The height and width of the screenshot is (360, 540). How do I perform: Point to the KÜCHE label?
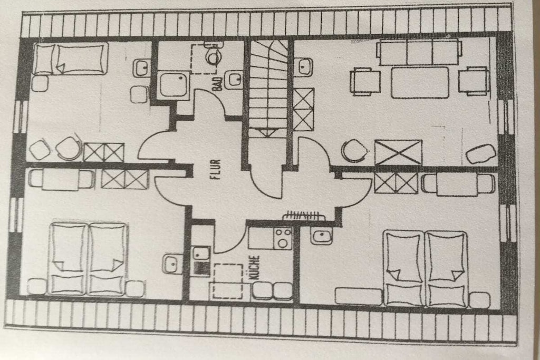(x=255, y=267)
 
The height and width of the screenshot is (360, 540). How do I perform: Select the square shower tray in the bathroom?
(x=174, y=85)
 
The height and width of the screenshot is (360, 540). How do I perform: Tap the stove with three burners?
(x=283, y=238)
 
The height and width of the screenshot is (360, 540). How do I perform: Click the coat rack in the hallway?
(x=303, y=216)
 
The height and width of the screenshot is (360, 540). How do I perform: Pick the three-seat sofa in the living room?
(x=419, y=52)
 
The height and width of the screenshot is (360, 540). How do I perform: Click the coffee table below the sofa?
(x=420, y=83)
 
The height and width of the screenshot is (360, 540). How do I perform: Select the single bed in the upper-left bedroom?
(x=71, y=59)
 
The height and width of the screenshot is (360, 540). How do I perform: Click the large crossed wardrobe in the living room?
(x=398, y=152)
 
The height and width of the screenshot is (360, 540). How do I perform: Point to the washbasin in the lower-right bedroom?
(x=322, y=236)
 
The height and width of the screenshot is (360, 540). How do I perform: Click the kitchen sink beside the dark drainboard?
(x=201, y=254)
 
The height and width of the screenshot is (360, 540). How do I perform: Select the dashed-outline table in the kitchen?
(x=228, y=281)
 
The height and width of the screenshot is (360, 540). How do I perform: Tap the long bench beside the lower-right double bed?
(x=359, y=296)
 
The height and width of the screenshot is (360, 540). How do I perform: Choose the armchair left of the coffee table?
(x=365, y=82)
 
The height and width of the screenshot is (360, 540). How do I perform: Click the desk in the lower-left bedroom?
(x=61, y=179)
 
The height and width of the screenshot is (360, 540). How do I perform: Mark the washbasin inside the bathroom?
(x=234, y=80)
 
